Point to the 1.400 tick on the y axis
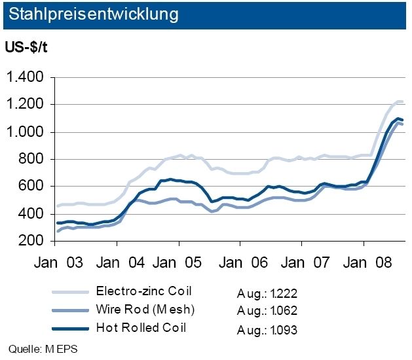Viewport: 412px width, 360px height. (x=24, y=78)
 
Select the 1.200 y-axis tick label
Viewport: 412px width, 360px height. (x=24, y=105)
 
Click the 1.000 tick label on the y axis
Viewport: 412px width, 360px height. (x=24, y=132)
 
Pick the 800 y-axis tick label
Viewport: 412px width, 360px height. (x=30, y=159)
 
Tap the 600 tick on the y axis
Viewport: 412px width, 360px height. (x=30, y=187)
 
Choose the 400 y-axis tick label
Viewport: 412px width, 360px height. (x=30, y=214)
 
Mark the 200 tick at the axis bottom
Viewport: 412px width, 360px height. (x=30, y=242)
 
